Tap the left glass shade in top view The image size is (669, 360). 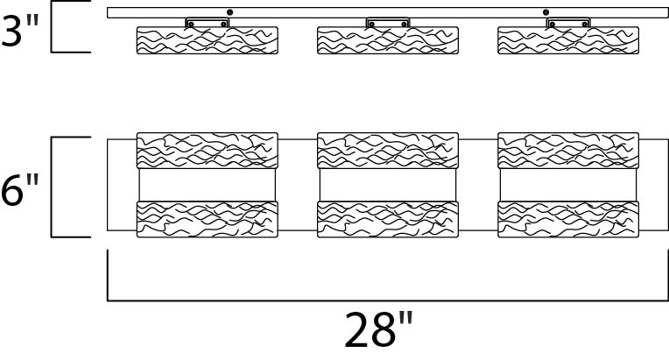point(208,41)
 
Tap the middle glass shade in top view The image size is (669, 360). point(387,41)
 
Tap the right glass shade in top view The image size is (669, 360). point(567,41)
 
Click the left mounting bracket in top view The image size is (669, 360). point(208,23)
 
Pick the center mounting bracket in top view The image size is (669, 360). point(387,23)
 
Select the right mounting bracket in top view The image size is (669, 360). point(567,23)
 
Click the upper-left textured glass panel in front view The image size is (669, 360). point(208,150)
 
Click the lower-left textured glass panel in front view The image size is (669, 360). point(208,219)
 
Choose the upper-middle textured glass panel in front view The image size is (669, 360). point(387,150)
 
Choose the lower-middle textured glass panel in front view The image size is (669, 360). point(387,219)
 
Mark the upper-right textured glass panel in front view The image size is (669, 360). point(567,150)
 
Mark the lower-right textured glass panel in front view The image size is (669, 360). point(567,219)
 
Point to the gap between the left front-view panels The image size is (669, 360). point(208,184)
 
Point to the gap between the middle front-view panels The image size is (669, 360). point(387,184)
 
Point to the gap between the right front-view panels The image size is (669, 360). point(567,184)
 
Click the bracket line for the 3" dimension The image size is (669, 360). point(53,29)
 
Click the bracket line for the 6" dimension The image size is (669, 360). point(53,187)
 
